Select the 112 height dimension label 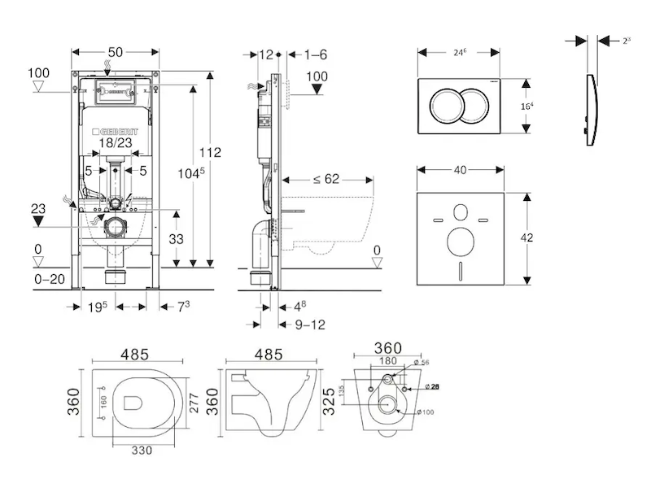click(x=209, y=152)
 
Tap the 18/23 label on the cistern click(x=115, y=142)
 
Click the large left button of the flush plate click(x=448, y=105)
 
